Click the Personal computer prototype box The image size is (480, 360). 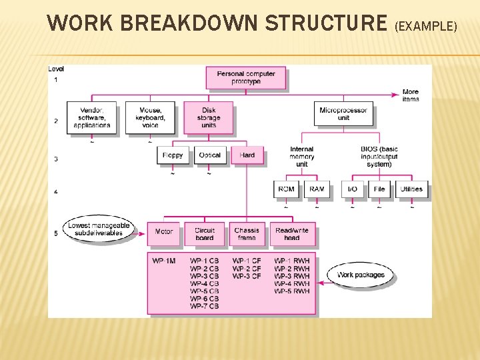point(246,78)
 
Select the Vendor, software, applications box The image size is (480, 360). point(92,118)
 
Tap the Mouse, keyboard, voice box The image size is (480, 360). point(150,118)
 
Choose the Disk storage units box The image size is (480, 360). point(208,118)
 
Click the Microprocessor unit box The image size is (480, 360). point(343,114)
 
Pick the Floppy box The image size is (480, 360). point(173,155)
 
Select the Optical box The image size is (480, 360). point(209,155)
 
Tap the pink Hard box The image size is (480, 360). point(247,155)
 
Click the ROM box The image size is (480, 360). point(286,189)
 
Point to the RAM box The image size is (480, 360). point(317,189)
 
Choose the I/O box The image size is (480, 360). point(353,189)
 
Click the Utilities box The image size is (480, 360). point(411,189)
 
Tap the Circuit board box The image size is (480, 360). point(205,234)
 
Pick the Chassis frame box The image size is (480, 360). point(246,234)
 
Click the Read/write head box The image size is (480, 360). point(292,234)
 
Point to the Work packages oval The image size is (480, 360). point(361,275)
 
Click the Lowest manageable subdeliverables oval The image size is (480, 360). point(99,229)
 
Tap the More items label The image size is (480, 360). point(411,95)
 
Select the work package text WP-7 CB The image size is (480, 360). point(204,307)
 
